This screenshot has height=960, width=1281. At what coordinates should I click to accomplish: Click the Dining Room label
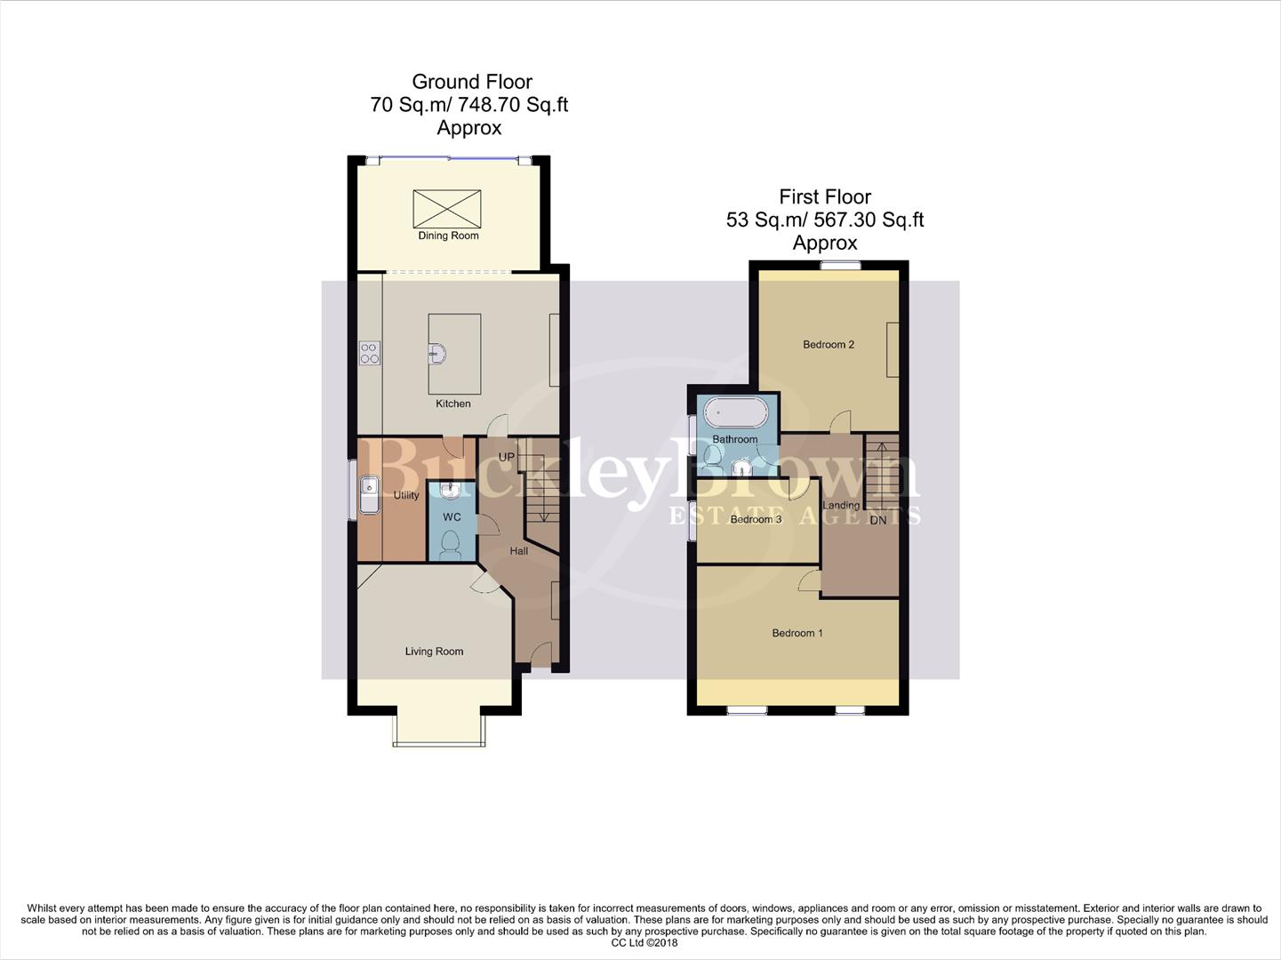coord(448,236)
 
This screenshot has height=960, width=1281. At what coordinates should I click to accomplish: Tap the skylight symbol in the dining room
coord(447,209)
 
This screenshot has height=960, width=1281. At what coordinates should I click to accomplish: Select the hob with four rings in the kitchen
coord(370,353)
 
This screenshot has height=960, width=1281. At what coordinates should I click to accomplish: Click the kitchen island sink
coord(436,354)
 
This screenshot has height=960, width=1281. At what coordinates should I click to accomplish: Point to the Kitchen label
coord(453,404)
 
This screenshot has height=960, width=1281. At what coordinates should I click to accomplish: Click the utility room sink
coord(368,495)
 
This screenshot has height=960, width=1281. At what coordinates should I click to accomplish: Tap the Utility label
coord(406,495)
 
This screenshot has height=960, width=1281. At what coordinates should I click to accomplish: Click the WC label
coord(452,517)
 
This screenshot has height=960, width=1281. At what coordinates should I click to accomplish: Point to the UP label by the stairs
coord(507,457)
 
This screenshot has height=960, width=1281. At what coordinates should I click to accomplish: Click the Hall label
coord(519,551)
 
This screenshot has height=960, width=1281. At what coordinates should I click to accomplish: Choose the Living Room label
coord(434,652)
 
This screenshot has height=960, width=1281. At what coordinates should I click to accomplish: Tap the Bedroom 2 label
coord(829,345)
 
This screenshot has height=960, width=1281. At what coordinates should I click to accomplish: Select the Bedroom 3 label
coord(756,519)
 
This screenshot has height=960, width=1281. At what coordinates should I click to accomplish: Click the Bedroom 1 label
coord(797,633)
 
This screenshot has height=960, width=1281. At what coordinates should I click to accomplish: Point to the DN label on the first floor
coord(878,520)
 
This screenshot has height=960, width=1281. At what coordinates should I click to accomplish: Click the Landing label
coord(841,506)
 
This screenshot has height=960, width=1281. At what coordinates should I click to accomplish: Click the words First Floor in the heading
coord(825,196)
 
